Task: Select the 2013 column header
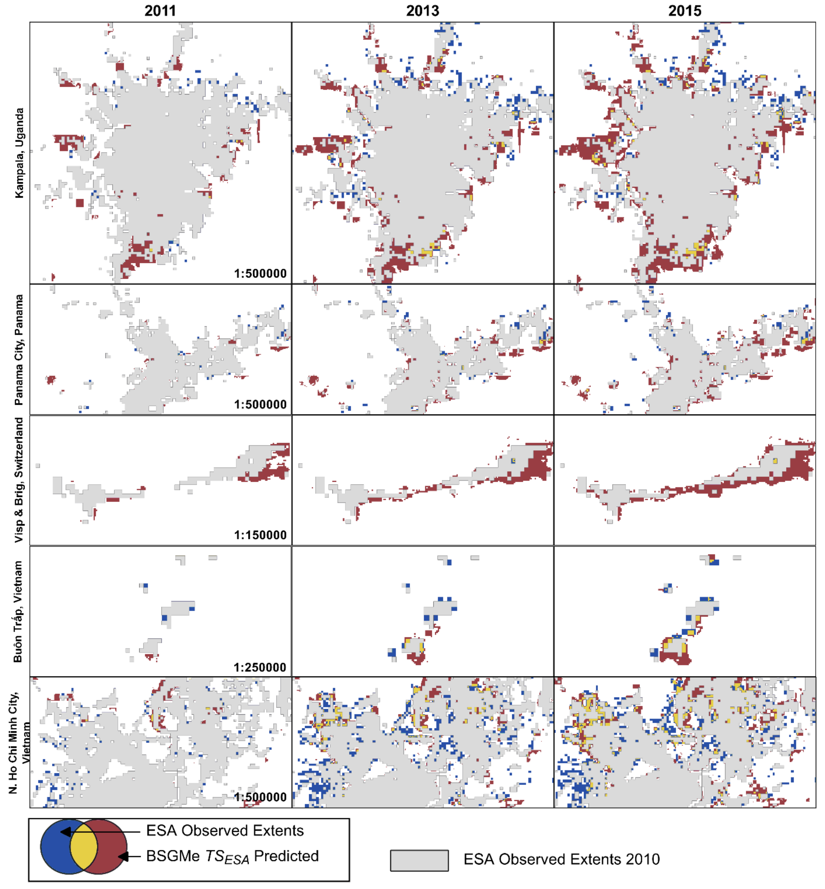tap(422, 11)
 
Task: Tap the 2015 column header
tap(684, 11)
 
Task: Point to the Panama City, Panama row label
tap(19, 350)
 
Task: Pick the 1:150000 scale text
tap(260, 535)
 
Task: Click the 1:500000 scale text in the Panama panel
tap(260, 404)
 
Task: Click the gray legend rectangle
tap(419, 860)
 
